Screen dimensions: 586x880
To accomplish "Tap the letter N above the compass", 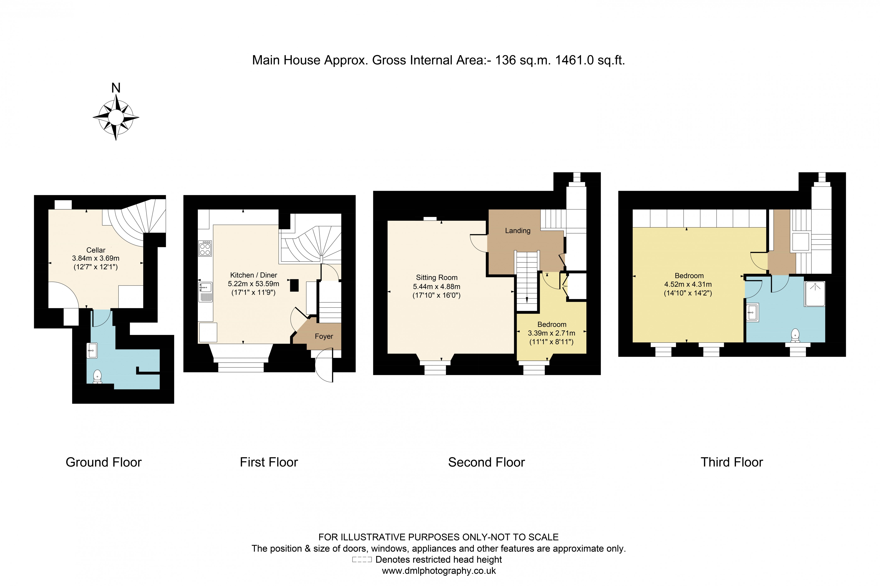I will click(116, 88).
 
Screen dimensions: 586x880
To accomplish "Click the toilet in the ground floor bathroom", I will click(97, 376).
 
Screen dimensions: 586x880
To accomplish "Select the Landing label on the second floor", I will click(517, 231).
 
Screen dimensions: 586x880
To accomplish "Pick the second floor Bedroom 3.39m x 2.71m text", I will click(551, 333).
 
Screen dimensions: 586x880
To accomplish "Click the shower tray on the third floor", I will click(814, 294).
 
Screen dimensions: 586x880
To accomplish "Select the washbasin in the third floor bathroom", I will click(752, 312).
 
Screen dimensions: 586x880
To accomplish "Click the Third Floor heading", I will click(731, 462).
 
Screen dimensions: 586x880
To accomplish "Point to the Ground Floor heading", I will click(103, 462).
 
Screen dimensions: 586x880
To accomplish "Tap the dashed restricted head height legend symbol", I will click(361, 559).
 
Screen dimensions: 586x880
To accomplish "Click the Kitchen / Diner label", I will click(253, 275).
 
